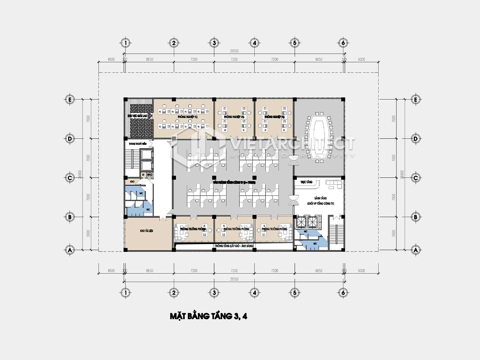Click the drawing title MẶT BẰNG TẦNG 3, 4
[x=208, y=316]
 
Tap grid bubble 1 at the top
[x=125, y=43]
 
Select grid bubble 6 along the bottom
[x=343, y=292]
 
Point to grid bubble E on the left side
[x=69, y=100]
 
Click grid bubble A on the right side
[x=415, y=250]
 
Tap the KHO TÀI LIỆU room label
[x=146, y=231]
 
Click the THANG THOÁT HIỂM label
[x=138, y=144]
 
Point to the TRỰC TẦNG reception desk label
[x=306, y=182]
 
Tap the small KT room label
[x=144, y=175]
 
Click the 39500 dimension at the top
[x=234, y=51]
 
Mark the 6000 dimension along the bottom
[x=361, y=271]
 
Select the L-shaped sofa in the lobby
[x=334, y=184]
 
